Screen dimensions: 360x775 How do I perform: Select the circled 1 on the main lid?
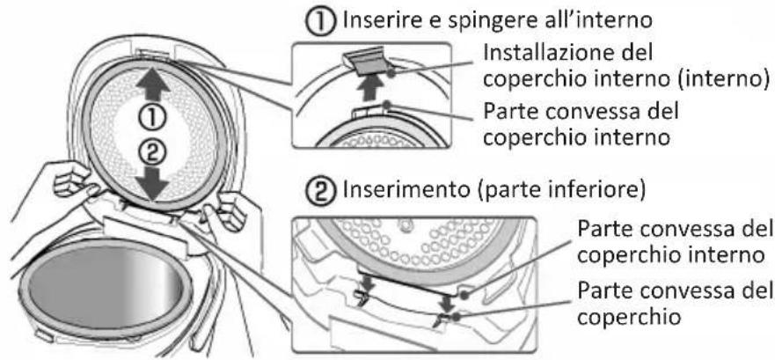[x=153, y=114]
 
